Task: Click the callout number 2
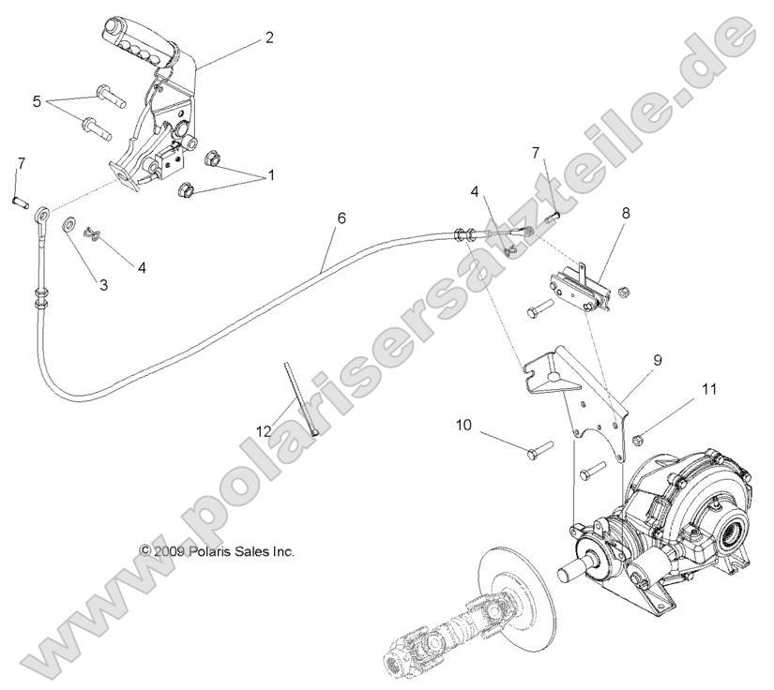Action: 269,37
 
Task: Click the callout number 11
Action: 710,385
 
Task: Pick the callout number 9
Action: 658,358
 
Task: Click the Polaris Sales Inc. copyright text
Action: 217,551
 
